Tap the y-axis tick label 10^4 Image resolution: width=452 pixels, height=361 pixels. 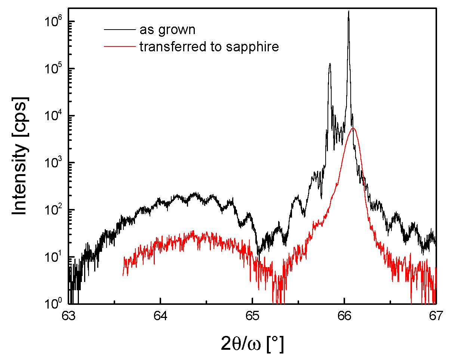coord(53,116)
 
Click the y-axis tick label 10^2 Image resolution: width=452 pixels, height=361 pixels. coord(53,210)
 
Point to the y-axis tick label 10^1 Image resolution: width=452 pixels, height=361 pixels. coord(53,257)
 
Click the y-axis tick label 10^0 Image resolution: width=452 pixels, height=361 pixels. coord(53,304)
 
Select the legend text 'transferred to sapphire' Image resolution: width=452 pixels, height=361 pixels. coord(209,47)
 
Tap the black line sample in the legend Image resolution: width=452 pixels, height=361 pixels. coord(119,29)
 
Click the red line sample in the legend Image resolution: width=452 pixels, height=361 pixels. coord(119,46)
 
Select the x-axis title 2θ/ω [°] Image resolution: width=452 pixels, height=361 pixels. coord(252,343)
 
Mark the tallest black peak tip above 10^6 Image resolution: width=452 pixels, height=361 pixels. coord(348,11)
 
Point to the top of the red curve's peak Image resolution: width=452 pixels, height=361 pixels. coord(353,128)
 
